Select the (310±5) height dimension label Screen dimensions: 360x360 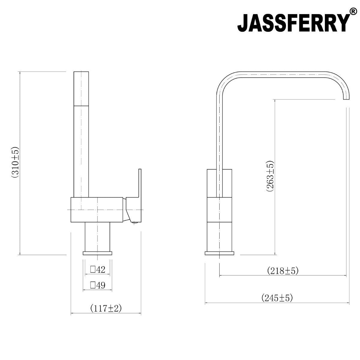point(15,163)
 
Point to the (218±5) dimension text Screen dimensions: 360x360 point(283,271)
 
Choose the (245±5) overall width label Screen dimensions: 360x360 point(277,298)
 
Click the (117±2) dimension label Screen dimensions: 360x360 point(106,308)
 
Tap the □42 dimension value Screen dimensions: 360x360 point(97,270)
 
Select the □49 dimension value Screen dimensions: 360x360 point(97,285)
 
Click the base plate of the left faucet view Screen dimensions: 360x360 point(97,253)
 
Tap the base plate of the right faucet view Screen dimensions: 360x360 point(220,253)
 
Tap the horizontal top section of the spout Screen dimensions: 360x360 point(282,74)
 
